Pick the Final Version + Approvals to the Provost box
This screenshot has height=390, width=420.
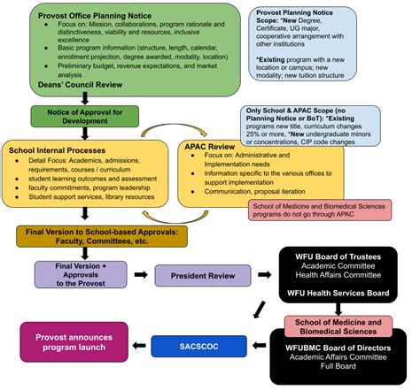79,274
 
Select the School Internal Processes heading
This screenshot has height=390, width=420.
55,150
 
